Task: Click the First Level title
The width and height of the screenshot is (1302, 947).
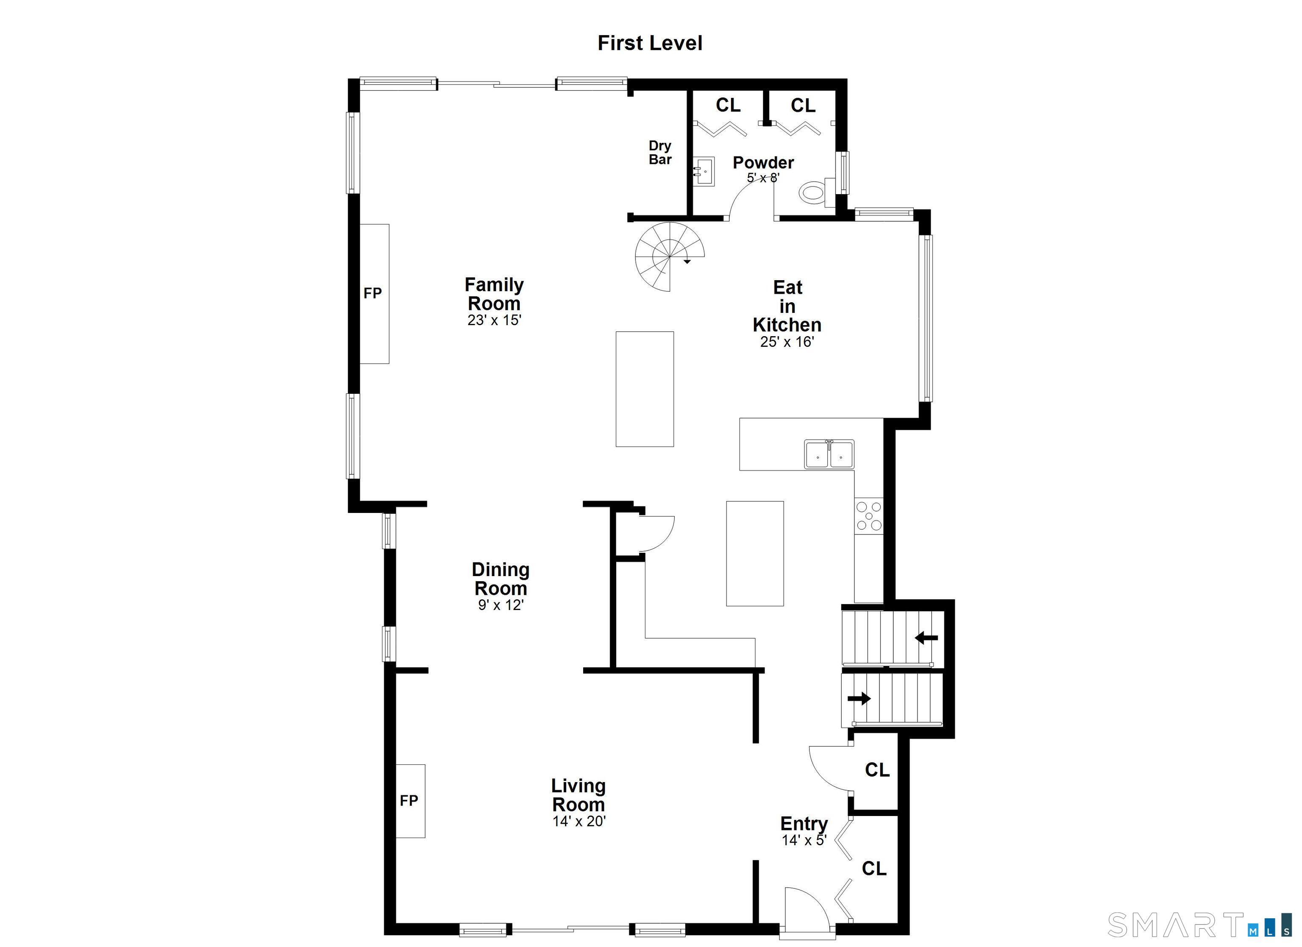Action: point(649,44)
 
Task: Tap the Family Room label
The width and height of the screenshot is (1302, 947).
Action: point(494,294)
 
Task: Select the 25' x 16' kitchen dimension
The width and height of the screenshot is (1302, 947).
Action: point(787,342)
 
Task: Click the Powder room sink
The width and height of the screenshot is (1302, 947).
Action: point(703,172)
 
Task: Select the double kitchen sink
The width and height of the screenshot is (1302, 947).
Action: point(829,454)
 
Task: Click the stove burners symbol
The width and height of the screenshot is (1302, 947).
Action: point(868,516)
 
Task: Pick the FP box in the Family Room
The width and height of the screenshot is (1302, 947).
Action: point(374,293)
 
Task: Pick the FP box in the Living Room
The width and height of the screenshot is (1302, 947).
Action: point(410,801)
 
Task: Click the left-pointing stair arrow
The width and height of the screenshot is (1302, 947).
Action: point(926,638)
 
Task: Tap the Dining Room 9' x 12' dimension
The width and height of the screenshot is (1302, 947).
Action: point(501,605)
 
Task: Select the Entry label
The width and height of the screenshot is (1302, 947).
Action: point(803,824)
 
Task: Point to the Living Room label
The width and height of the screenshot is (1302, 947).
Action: point(578,795)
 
